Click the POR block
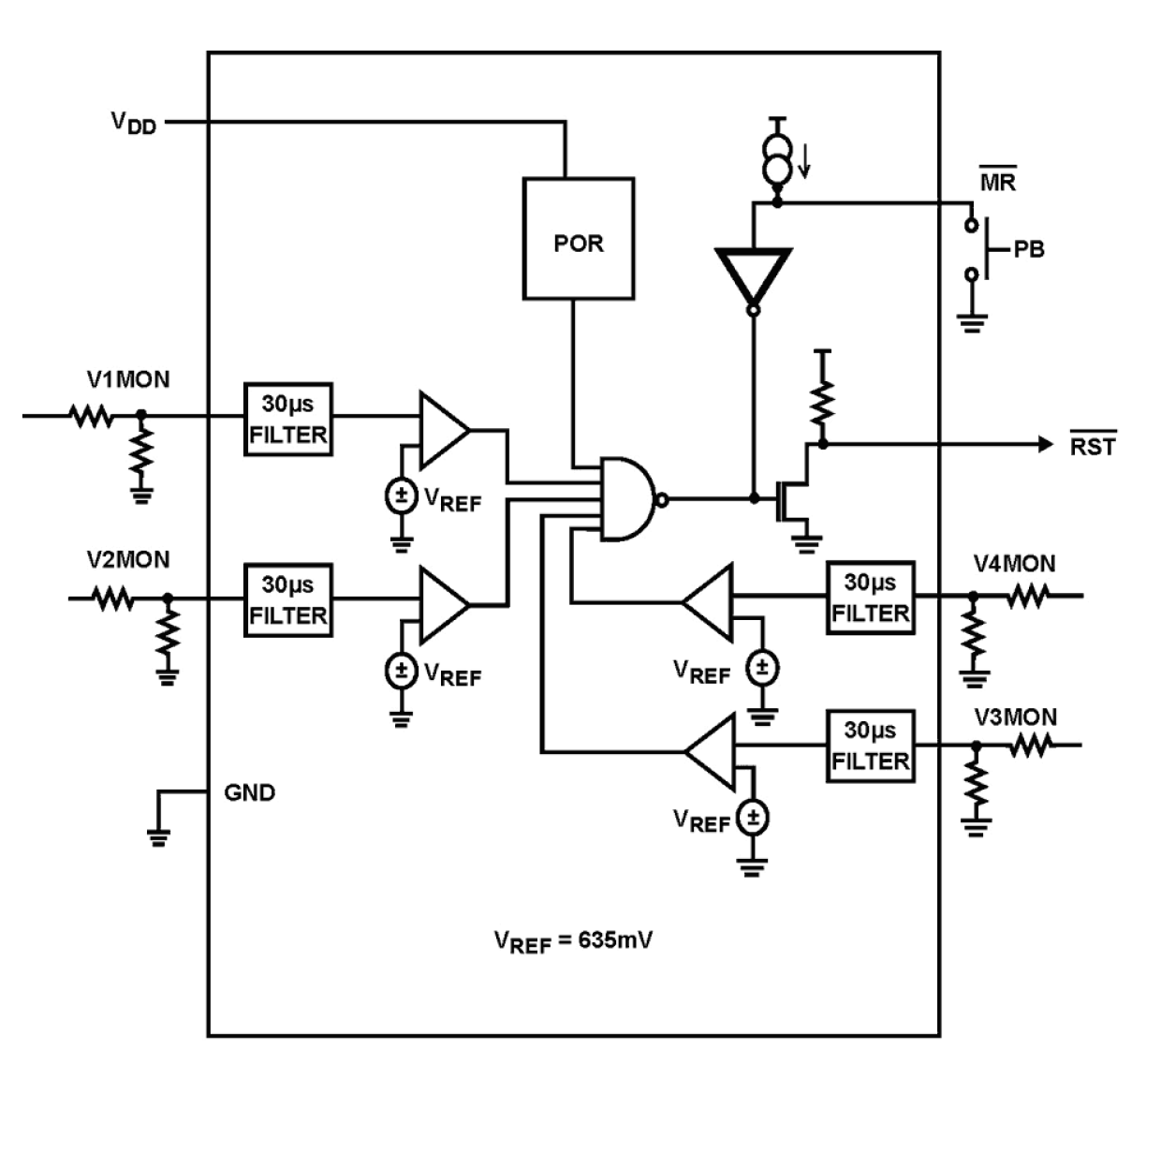tap(578, 240)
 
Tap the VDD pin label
tap(134, 123)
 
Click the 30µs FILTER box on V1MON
tap(287, 420)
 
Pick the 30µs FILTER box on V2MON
tap(287, 600)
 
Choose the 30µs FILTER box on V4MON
tap(870, 599)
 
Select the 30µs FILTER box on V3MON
tap(870, 746)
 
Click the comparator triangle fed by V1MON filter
tap(441, 430)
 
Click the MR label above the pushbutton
tap(997, 182)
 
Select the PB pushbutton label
tap(1028, 250)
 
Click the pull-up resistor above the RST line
tap(822, 401)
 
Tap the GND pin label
tap(249, 792)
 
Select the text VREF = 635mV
tap(573, 940)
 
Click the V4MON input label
tap(1014, 564)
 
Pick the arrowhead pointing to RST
tap(1046, 444)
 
